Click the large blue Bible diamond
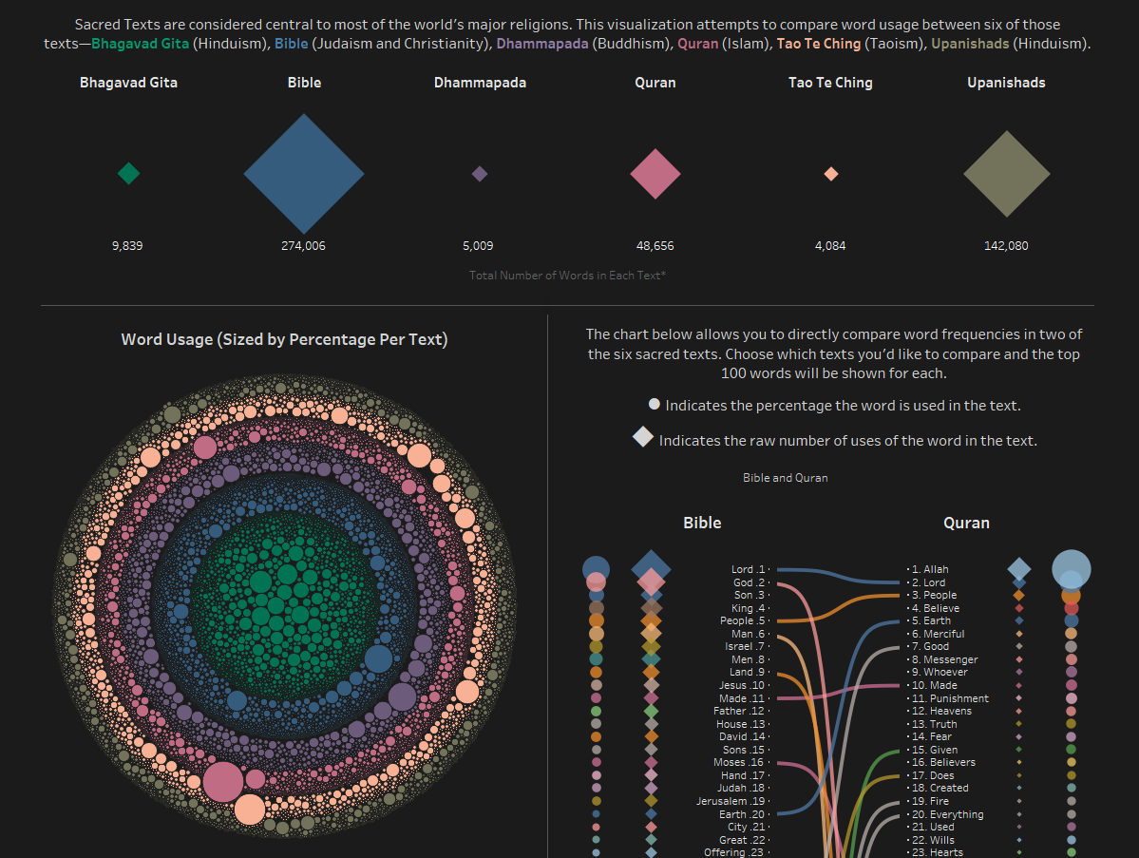[304, 174]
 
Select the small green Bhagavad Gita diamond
[128, 173]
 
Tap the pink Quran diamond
[655, 174]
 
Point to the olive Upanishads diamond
[1006, 174]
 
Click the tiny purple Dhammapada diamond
[480, 174]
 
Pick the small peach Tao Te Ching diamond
[830, 174]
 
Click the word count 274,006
[304, 245]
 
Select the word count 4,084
[830, 245]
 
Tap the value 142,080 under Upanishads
[1006, 245]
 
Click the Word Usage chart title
[284, 339]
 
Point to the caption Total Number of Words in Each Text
[567, 275]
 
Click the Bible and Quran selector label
[785, 478]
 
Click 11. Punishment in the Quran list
[949, 698]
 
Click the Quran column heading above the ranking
[966, 523]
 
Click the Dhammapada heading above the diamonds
[480, 83]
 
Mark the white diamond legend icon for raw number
[643, 437]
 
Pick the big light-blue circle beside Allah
[1072, 569]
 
